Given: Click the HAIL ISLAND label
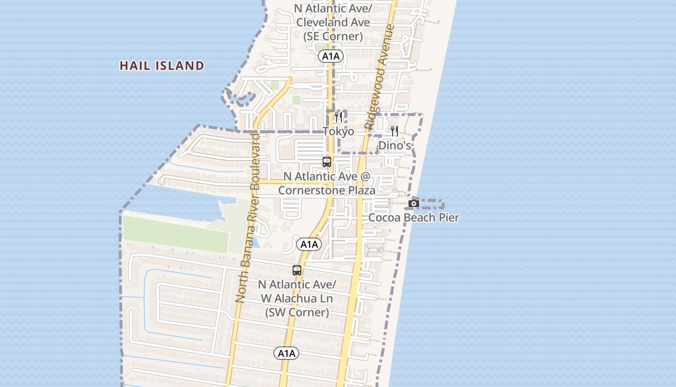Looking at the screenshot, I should (162, 66).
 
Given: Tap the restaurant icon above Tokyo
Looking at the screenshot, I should (338, 117).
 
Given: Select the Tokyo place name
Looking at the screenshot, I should (338, 132).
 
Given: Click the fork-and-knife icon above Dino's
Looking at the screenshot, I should (394, 131).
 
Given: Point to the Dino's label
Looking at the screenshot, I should (394, 146).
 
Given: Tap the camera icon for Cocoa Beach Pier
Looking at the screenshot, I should (414, 204).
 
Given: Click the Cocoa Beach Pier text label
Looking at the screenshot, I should (414, 218).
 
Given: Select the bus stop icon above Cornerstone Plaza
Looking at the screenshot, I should (327, 162).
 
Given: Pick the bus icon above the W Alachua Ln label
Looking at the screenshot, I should (297, 270).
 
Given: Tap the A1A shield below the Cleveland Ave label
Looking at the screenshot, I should (331, 57).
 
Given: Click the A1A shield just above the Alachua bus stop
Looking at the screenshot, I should (309, 244).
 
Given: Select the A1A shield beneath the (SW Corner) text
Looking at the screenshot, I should (286, 354).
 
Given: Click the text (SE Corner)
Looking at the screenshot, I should (333, 36).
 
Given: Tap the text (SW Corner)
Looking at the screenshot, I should (297, 313).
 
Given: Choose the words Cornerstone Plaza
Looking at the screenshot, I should (327, 191).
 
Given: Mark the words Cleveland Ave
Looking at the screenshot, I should (333, 22).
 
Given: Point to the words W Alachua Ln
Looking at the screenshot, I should (297, 298).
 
